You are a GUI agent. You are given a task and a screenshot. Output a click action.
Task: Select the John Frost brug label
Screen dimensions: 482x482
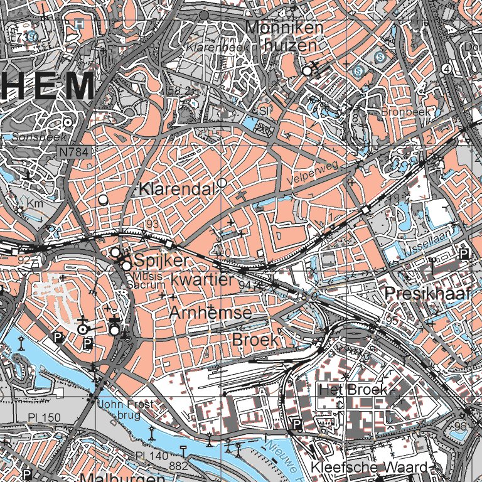pos(125,409)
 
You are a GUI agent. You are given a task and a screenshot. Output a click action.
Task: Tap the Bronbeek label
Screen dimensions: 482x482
pos(403,112)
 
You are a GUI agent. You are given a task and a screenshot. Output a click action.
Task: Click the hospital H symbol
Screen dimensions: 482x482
pos(78,23)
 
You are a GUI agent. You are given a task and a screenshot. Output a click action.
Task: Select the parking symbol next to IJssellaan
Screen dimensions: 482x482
pos(464,254)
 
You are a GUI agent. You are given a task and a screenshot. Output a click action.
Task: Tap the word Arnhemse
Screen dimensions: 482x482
pos(210,313)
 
